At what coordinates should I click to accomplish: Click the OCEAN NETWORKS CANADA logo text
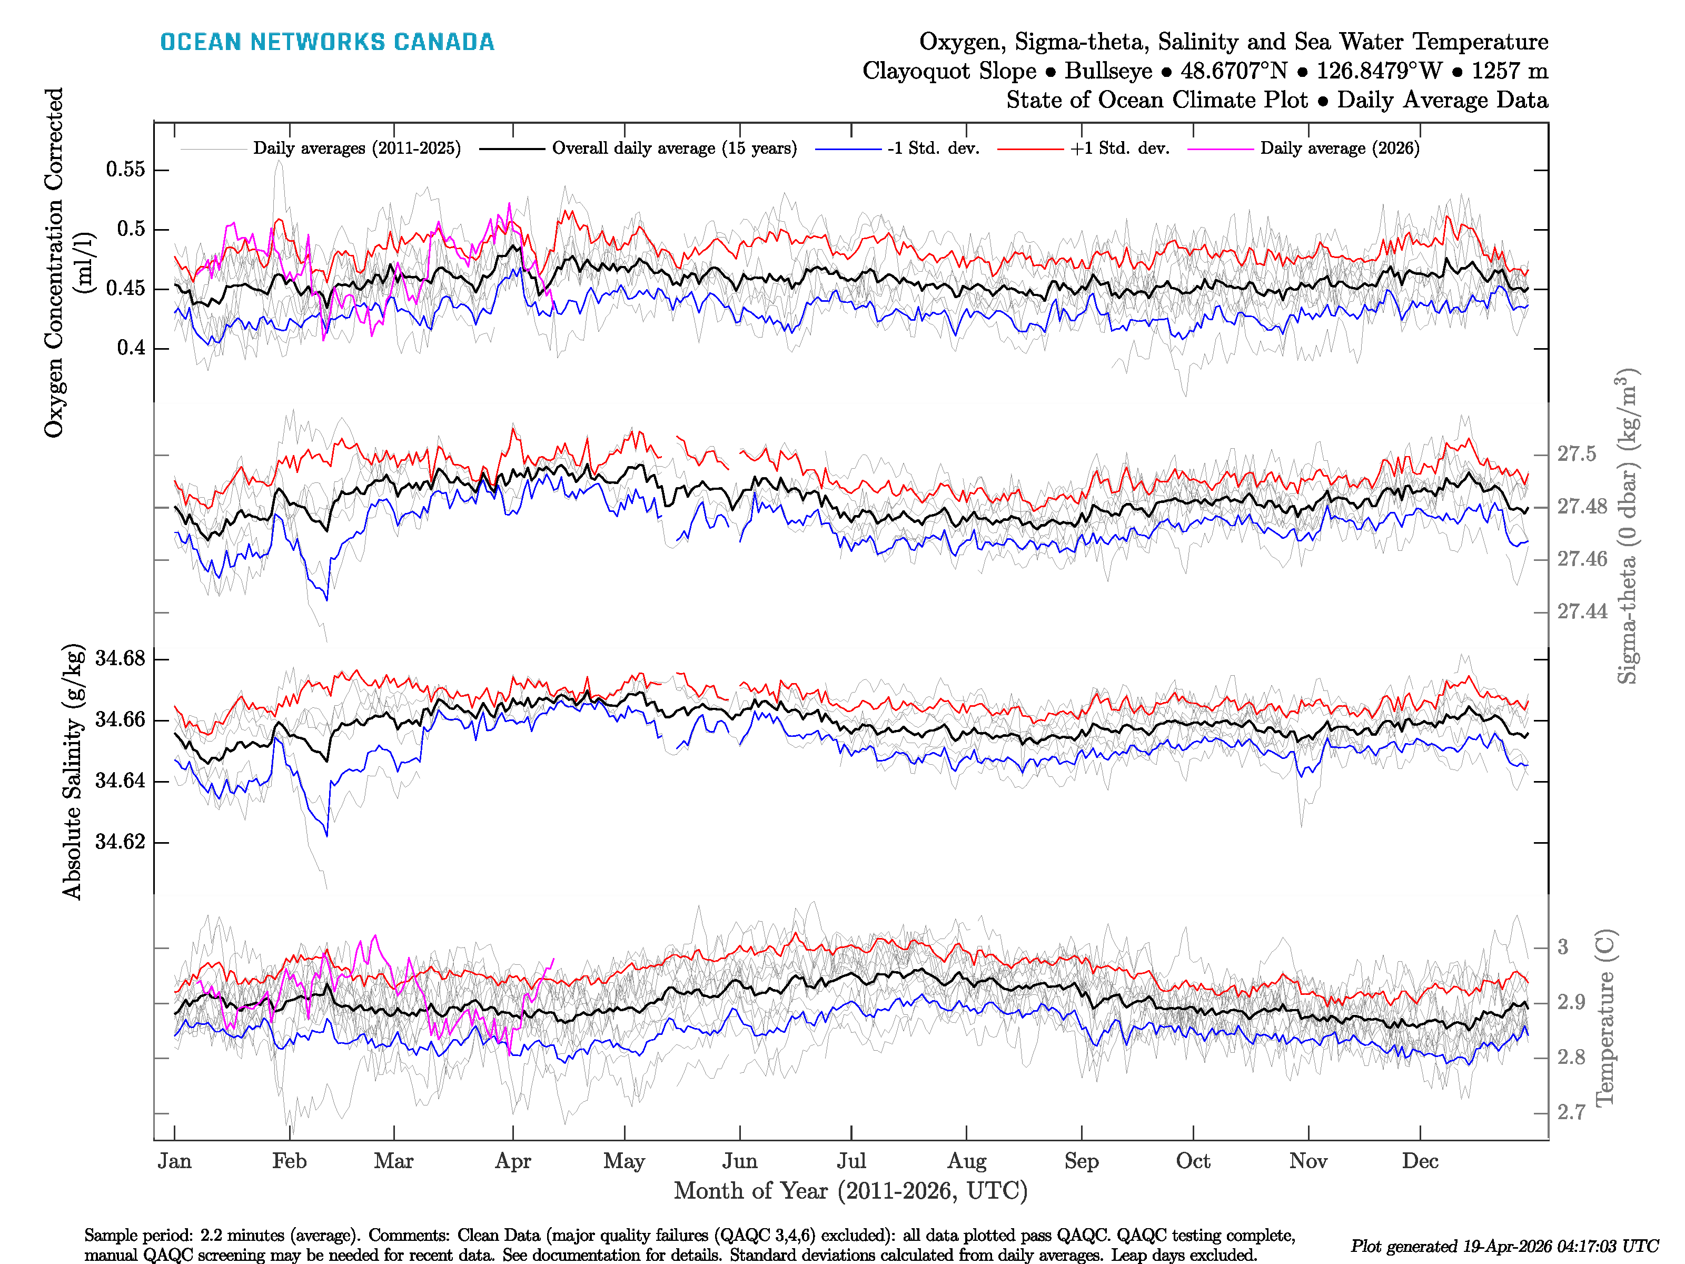point(327,42)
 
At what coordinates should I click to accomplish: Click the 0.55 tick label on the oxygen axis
point(126,169)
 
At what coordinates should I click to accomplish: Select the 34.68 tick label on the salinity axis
point(120,658)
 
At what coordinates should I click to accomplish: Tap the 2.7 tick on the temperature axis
point(1571,1112)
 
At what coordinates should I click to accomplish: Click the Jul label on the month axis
point(851,1161)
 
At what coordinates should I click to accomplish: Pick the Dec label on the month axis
point(1420,1161)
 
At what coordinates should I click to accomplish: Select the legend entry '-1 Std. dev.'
point(933,149)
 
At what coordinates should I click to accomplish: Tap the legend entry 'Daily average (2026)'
point(1339,149)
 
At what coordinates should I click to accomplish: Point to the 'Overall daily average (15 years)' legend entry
point(674,149)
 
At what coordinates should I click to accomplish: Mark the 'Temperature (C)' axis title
point(1605,1017)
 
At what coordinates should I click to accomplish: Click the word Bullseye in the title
point(1108,71)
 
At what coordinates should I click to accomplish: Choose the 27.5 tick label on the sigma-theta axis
point(1576,454)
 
